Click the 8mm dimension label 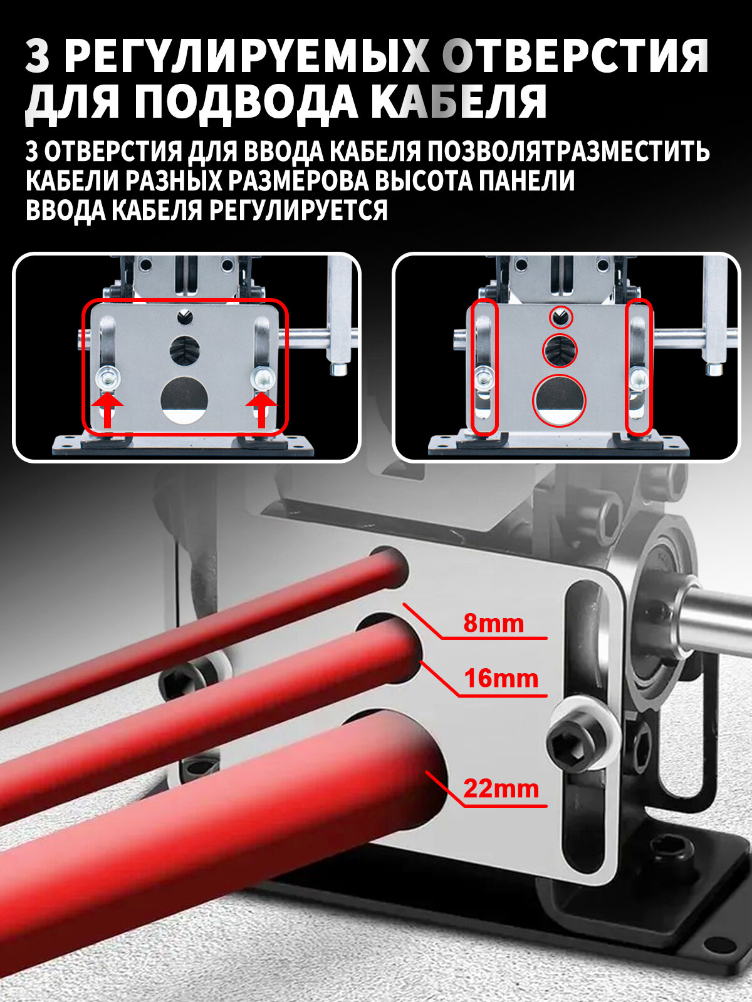coord(493,624)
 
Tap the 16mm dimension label coord(501,678)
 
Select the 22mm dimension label coord(501,788)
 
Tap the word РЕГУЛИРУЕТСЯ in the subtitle coord(298,210)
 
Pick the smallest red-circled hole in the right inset coord(560,318)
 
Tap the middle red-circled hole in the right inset coord(559,349)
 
